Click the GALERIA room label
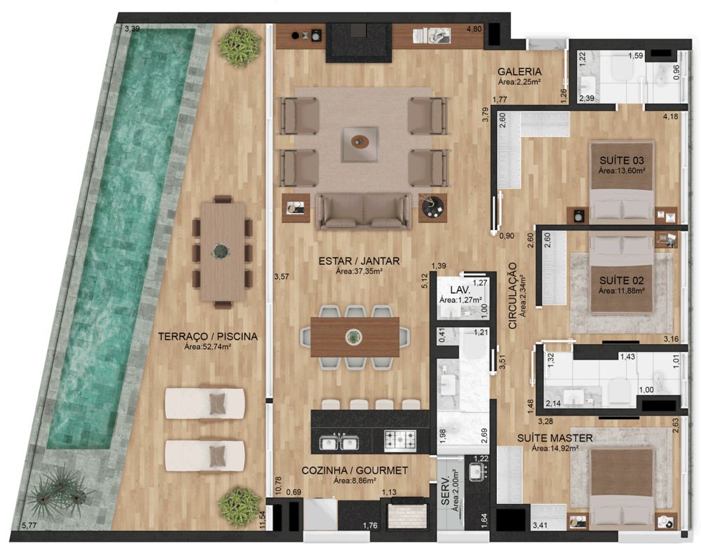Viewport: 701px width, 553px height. [519, 71]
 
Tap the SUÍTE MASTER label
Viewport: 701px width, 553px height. [554, 438]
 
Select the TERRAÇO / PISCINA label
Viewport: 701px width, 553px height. [208, 336]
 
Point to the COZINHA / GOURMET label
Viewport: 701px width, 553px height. [355, 470]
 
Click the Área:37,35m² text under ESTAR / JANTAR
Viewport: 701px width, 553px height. [359, 271]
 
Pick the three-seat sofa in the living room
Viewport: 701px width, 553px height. [363, 212]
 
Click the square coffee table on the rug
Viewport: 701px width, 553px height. [360, 144]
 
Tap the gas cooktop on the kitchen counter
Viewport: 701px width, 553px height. [400, 440]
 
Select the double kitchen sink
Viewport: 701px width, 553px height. [338, 442]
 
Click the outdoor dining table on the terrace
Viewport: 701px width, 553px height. [223, 252]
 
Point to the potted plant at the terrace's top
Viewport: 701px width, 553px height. [239, 47]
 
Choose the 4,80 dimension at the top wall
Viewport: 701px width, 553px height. [474, 29]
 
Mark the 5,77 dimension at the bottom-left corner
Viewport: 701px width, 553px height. [29, 526]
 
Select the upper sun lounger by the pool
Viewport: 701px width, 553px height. [205, 403]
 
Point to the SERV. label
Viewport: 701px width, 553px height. [446, 493]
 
